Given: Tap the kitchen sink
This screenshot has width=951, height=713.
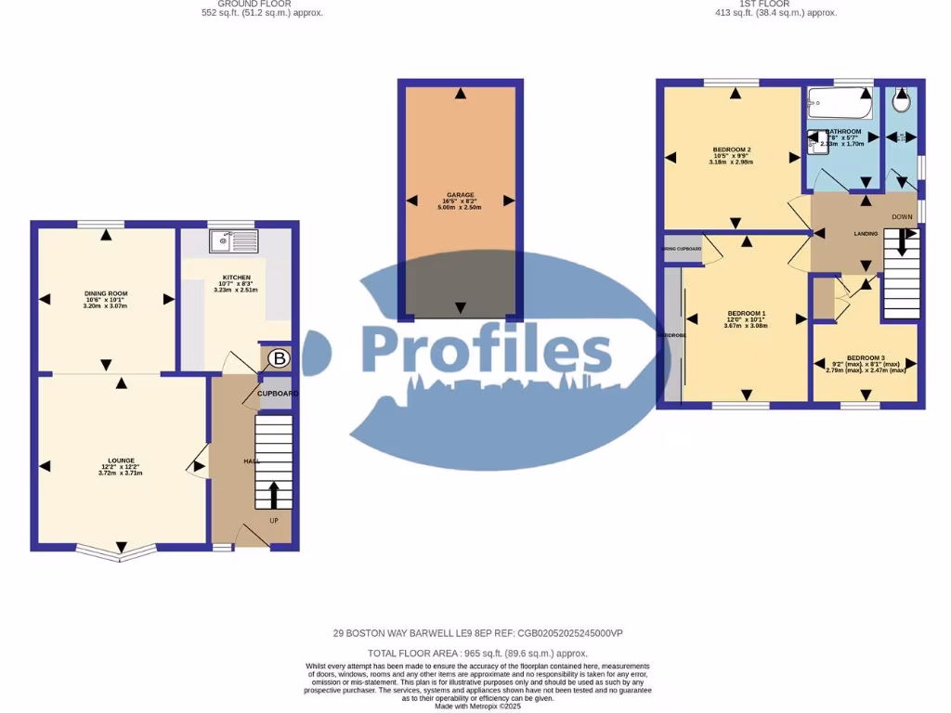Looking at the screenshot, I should pos(233,241).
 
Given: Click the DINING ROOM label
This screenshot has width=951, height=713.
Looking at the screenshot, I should pos(105,293).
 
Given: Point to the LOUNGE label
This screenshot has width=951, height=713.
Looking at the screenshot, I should pos(121,460).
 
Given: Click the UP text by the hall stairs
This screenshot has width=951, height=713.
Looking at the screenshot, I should pos(274,521).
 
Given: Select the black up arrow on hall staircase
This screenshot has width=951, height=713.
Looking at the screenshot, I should pos(274,493).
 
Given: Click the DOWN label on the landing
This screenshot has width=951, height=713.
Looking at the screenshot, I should pos(902,217).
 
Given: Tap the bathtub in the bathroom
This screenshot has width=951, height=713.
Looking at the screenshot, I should pos(840,103).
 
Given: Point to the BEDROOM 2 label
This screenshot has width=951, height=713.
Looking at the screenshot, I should pos(732,149).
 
